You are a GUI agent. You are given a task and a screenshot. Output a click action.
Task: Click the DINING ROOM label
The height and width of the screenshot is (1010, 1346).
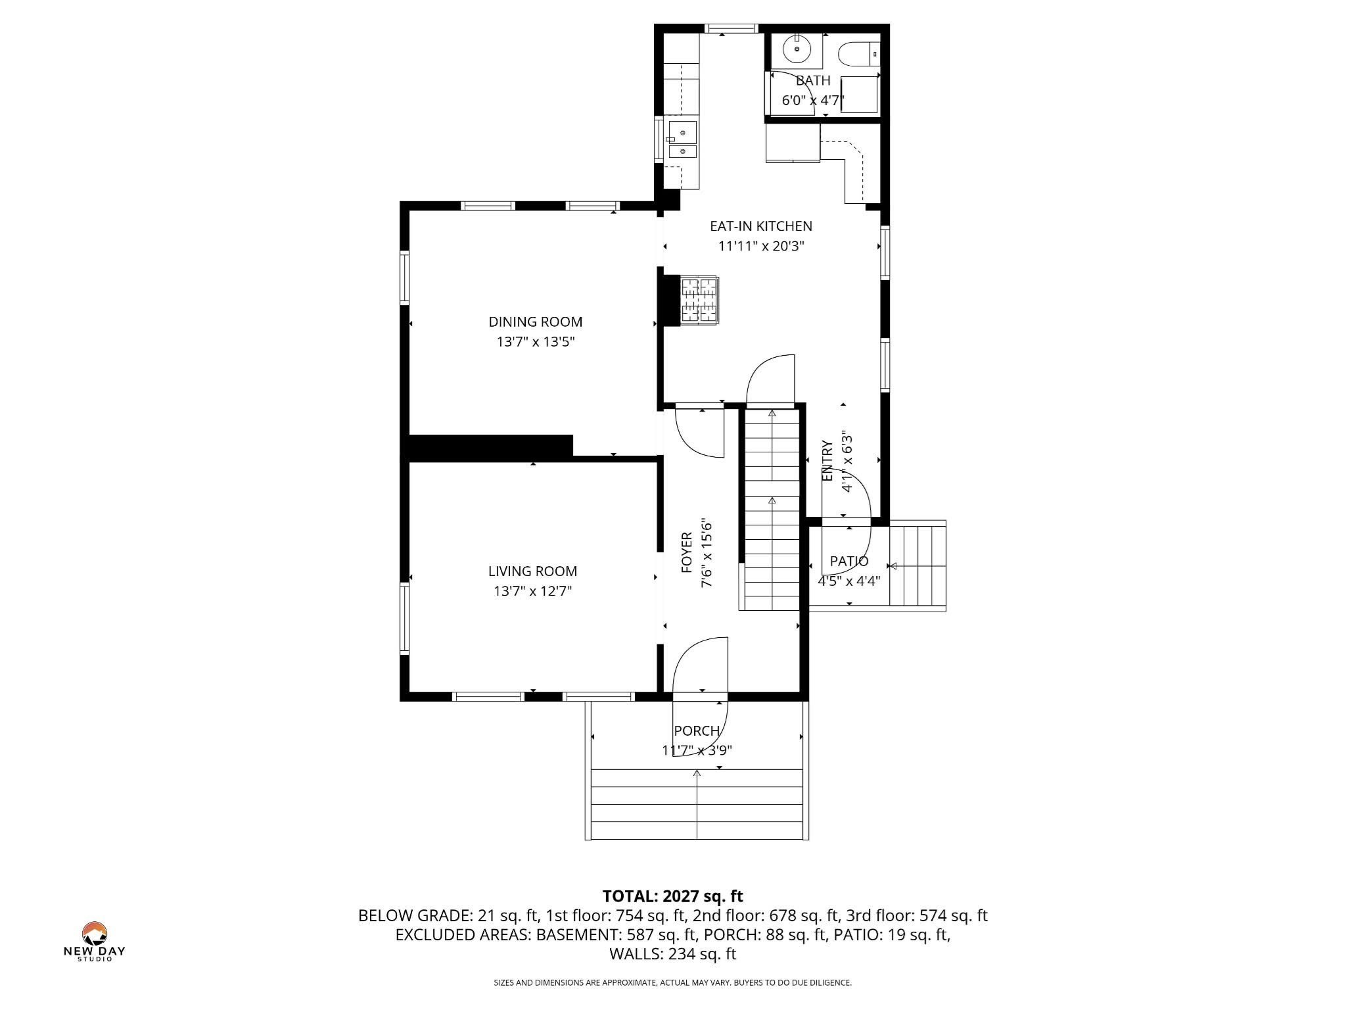click(535, 322)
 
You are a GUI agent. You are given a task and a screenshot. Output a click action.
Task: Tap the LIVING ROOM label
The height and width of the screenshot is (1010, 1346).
click(532, 571)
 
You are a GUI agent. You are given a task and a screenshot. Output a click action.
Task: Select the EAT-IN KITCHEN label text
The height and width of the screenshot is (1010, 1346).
click(760, 226)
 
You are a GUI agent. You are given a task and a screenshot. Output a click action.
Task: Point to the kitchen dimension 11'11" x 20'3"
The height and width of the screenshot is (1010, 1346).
click(760, 247)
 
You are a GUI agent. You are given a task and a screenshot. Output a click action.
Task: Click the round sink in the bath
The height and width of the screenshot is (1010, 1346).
click(797, 47)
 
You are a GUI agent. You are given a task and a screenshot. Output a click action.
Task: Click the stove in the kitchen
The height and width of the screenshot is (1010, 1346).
click(699, 301)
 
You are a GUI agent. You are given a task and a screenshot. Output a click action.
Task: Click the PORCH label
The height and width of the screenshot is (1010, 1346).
click(697, 731)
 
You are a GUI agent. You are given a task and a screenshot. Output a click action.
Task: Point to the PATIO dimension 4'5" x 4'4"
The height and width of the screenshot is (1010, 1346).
click(848, 581)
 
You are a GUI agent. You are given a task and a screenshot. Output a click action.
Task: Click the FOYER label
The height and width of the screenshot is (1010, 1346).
click(687, 552)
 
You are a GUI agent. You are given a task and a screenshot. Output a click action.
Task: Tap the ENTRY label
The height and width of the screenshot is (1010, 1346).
click(827, 460)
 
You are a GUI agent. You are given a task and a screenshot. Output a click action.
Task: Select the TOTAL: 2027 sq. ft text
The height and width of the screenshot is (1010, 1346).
click(672, 896)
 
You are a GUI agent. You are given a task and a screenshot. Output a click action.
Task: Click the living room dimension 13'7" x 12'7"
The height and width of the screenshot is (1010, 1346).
click(532, 591)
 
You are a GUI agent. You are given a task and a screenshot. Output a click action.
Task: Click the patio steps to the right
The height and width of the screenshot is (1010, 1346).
click(917, 564)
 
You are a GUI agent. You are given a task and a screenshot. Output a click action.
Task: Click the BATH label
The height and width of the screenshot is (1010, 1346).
click(813, 80)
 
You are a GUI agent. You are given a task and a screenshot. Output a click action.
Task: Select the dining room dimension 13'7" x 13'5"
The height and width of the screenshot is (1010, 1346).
click(535, 342)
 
